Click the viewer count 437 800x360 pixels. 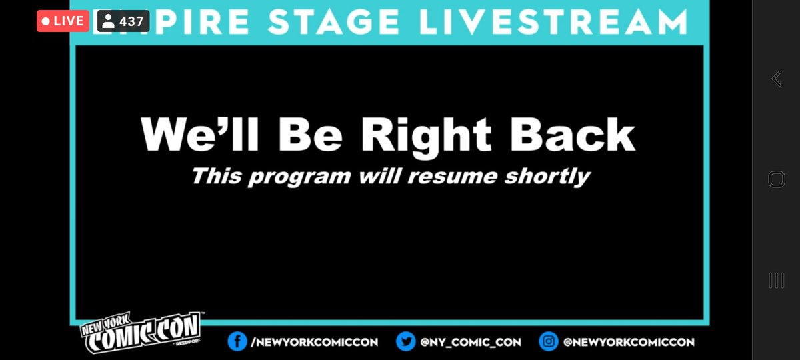tap(131, 21)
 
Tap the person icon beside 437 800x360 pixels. tap(107, 21)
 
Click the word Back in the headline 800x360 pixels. tap(571, 135)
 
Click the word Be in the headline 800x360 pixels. tap(312, 135)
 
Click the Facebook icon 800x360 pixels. tap(235, 342)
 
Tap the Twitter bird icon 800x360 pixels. tap(405, 342)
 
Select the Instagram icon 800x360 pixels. tap(549, 342)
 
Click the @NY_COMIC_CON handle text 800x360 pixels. tap(471, 342)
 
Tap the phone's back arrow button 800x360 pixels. tap(776, 79)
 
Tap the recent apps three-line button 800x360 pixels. tap(776, 280)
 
